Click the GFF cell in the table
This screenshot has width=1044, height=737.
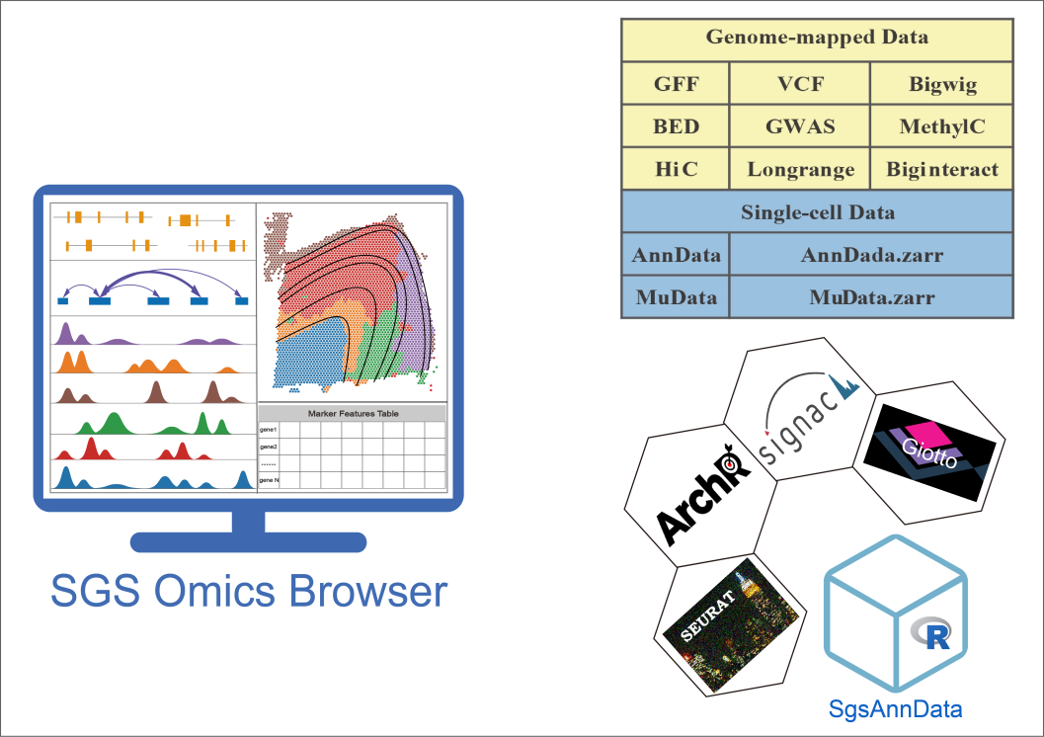point(676,84)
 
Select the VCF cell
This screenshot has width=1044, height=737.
point(800,84)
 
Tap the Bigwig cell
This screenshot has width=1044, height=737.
point(942,84)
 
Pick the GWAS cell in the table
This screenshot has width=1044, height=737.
point(800,126)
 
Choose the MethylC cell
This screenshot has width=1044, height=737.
point(942,126)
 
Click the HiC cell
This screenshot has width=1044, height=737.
point(676,169)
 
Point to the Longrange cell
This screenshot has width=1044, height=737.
point(800,169)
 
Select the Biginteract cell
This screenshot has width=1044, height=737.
point(942,169)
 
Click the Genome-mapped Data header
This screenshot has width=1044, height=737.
point(817,39)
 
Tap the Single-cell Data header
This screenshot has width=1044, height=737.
point(817,211)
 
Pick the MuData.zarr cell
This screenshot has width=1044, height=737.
point(871,297)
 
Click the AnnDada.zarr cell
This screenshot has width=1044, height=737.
point(871,255)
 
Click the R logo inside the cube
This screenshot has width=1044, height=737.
point(930,633)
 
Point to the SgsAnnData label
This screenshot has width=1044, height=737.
point(895,708)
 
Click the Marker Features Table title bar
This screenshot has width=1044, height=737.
point(353,413)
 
